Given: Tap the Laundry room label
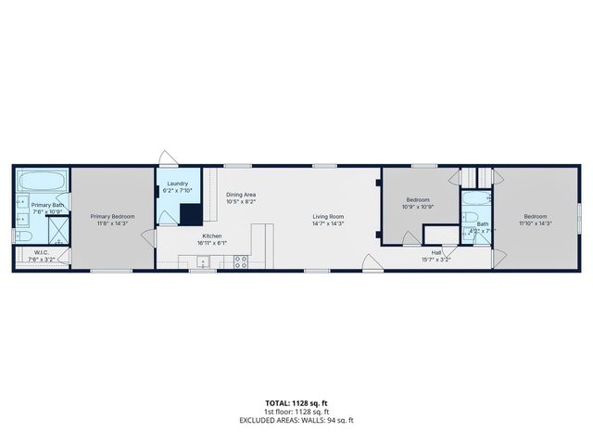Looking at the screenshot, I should pyautogui.click(x=177, y=184).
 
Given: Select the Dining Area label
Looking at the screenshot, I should pyautogui.click(x=240, y=194).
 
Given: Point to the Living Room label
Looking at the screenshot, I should pyautogui.click(x=328, y=217).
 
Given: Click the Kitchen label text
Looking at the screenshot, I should pyautogui.click(x=212, y=236).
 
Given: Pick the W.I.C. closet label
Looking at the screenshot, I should pyautogui.click(x=41, y=252).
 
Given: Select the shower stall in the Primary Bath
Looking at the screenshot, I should pyautogui.click(x=57, y=228).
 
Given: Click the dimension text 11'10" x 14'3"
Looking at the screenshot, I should pyautogui.click(x=535, y=222).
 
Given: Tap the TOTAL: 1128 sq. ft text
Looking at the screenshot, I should pyautogui.click(x=296, y=403).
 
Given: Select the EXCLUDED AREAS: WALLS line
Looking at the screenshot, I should pyautogui.click(x=296, y=420).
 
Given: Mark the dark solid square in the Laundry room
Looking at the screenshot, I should pyautogui.click(x=190, y=214).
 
